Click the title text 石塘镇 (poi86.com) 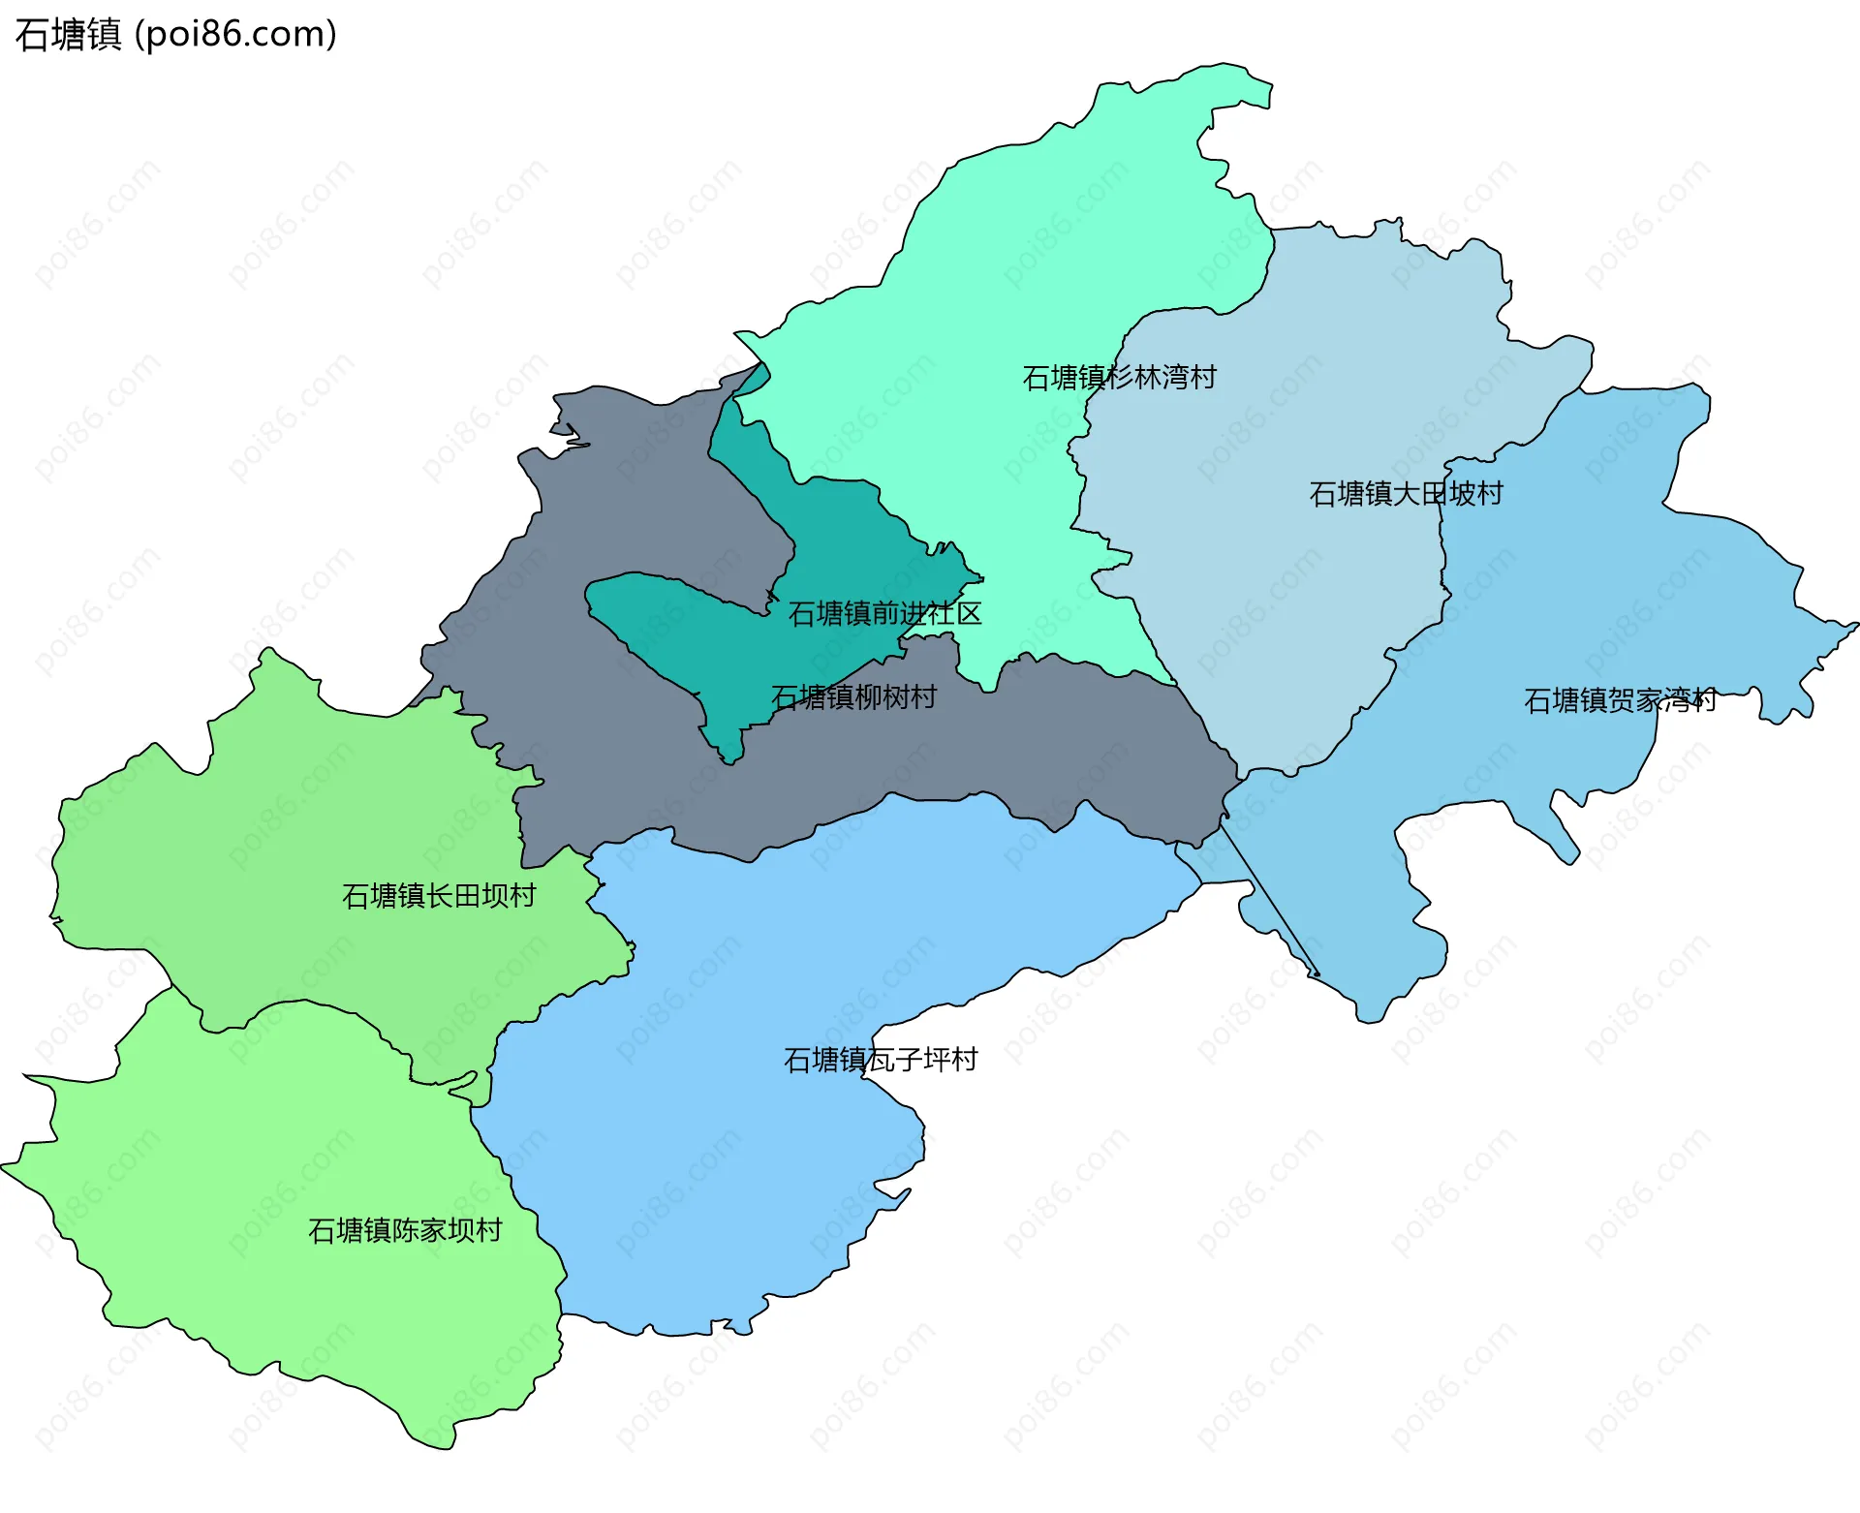coord(176,34)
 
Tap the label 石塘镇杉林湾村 coord(1119,378)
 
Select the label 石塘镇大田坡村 coord(1406,494)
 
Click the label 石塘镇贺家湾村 coord(1620,700)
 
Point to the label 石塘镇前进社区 coord(884,614)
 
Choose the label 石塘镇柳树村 coord(853,697)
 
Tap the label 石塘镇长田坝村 coord(439,896)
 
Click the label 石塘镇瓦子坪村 coord(881,1061)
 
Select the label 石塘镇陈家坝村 coord(405,1231)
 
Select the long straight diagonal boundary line coord(1269,901)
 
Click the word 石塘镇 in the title coord(68,34)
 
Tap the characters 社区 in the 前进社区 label coord(954,614)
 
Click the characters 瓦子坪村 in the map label coord(922,1061)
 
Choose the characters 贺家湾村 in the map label coord(1661,700)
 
